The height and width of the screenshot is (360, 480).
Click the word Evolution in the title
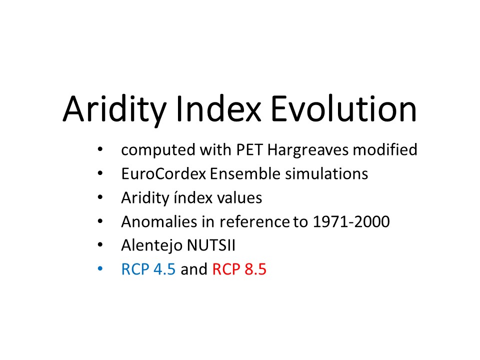343,109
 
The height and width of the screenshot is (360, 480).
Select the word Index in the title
218,109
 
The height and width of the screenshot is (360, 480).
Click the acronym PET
249,149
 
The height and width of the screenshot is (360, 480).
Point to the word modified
385,149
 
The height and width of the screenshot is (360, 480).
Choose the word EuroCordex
163,173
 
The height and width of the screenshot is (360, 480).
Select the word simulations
326,173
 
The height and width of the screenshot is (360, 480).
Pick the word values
239,197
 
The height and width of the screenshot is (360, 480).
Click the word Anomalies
159,221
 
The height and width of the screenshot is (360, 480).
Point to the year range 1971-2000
351,221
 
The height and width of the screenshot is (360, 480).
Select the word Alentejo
151,245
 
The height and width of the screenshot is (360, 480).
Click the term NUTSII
211,245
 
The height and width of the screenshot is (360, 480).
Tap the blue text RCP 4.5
148,269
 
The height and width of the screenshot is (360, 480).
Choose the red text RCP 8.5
239,269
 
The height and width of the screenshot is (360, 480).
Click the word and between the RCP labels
194,269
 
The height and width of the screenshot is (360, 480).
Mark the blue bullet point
100,269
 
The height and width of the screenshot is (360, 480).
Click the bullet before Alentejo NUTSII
100,245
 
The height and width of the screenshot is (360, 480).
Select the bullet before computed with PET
100,149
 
